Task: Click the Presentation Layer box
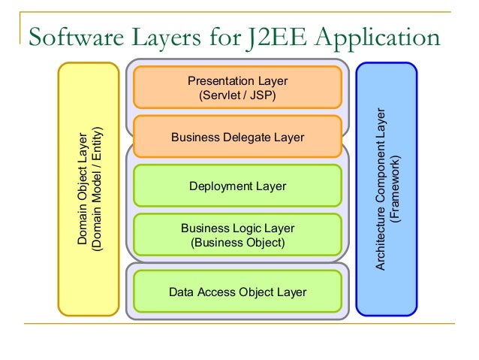237,87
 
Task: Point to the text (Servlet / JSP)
237,96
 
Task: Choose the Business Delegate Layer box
237,138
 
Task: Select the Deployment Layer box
237,186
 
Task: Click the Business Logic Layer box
237,234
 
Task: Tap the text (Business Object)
237,243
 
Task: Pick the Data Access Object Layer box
237,292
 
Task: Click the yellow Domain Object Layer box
89,188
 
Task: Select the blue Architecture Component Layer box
386,188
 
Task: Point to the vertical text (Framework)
396,189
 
